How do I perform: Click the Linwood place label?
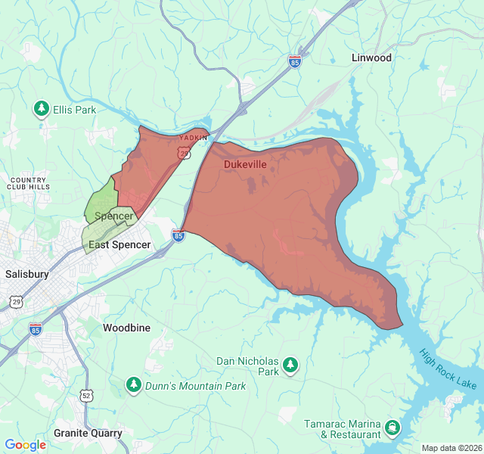(371, 58)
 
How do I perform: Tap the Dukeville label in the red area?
(245, 163)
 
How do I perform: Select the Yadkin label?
(193, 138)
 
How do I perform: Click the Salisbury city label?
(26, 274)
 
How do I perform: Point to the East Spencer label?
(119, 245)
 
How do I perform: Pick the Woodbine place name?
(126, 328)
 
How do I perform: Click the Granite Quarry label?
(88, 434)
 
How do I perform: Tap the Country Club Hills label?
(29, 183)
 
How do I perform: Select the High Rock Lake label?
(448, 368)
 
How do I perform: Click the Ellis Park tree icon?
(42, 110)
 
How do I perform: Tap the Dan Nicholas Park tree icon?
(290, 367)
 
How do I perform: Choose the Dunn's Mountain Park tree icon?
(133, 386)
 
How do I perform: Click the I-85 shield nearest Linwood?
(295, 61)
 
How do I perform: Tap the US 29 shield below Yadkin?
(185, 153)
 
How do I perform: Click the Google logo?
(26, 445)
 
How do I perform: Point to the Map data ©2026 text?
(451, 448)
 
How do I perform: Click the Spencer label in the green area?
(113, 216)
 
